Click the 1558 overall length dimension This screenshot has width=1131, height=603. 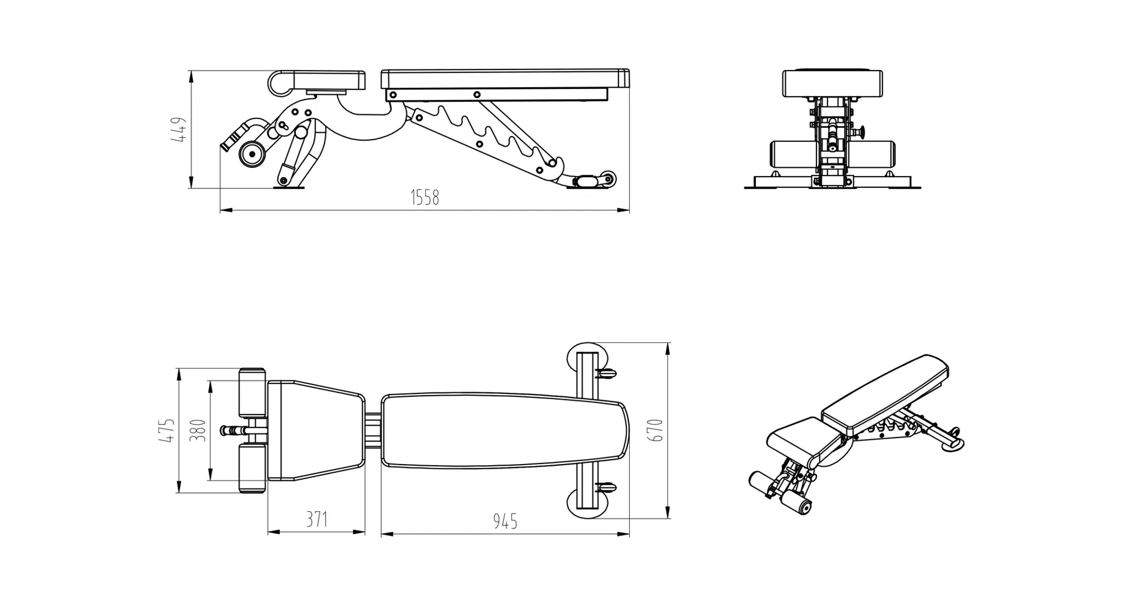pyautogui.click(x=425, y=197)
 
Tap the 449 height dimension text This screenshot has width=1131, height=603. pyautogui.click(x=178, y=130)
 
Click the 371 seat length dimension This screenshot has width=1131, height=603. pyautogui.click(x=316, y=519)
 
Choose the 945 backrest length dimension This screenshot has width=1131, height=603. pyautogui.click(x=505, y=521)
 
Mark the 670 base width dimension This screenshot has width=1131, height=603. pyautogui.click(x=657, y=430)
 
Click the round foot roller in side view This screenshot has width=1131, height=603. pyautogui.click(x=252, y=154)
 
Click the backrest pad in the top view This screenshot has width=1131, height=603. pyautogui.click(x=504, y=431)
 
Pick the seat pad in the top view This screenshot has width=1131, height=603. pyautogui.click(x=315, y=430)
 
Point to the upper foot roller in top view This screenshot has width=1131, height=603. pyautogui.click(x=252, y=392)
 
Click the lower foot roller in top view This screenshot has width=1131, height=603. pyautogui.click(x=252, y=469)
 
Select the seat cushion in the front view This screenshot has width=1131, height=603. pyautogui.click(x=832, y=83)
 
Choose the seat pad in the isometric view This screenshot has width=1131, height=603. pyautogui.click(x=795, y=439)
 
